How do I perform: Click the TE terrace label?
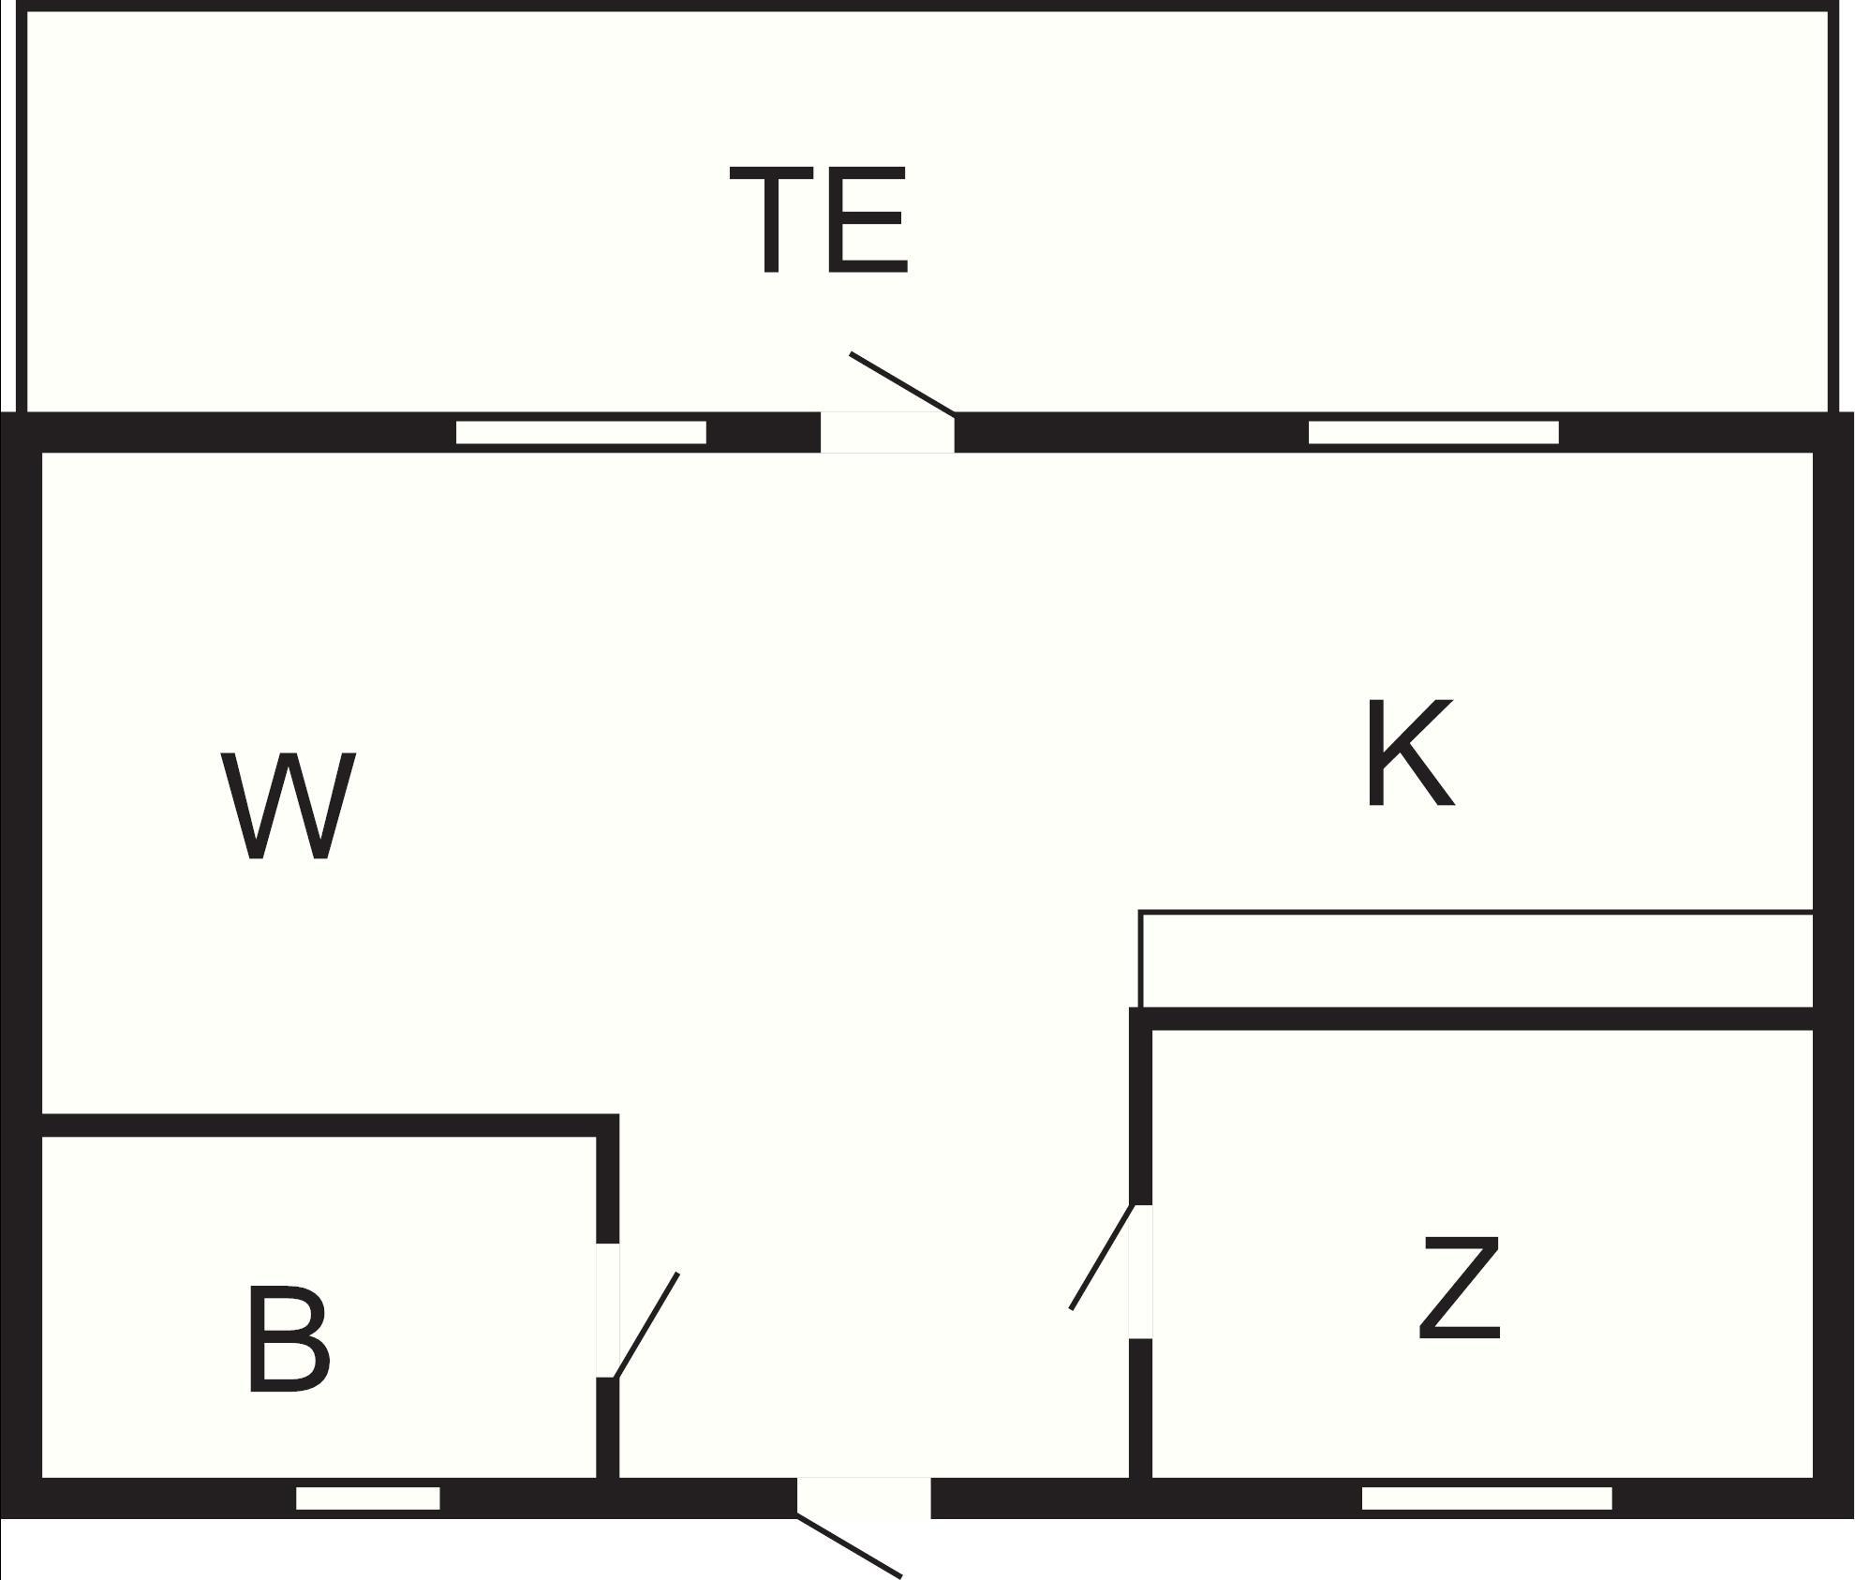click(x=818, y=220)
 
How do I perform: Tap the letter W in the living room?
click(x=289, y=805)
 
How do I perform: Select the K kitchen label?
click(x=1410, y=753)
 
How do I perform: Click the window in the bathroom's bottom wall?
click(x=368, y=1498)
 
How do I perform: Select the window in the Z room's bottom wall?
click(x=1487, y=1498)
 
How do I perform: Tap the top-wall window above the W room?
click(x=581, y=432)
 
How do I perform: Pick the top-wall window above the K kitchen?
click(x=1433, y=432)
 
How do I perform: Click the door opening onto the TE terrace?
click(x=902, y=383)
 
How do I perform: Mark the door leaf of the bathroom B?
click(x=646, y=1325)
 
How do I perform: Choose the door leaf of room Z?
click(x=1103, y=1257)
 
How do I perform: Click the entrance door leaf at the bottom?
click(x=850, y=1547)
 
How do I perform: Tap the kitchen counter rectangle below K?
click(x=1477, y=959)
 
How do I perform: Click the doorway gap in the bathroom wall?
click(x=608, y=1310)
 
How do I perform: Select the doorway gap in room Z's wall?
click(x=1140, y=1271)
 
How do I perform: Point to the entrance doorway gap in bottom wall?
click(x=864, y=1498)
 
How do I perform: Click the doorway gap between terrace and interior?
click(x=888, y=432)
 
